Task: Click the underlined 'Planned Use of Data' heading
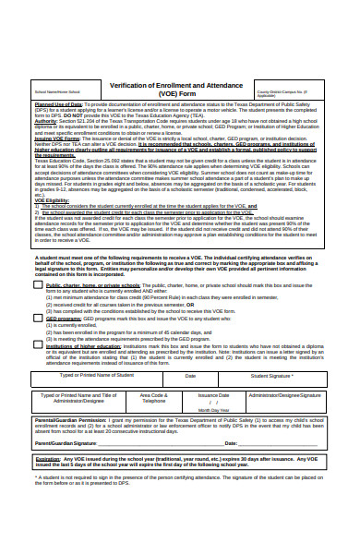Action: (58, 105)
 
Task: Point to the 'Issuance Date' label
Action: (213, 394)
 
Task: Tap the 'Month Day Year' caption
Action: (213, 410)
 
